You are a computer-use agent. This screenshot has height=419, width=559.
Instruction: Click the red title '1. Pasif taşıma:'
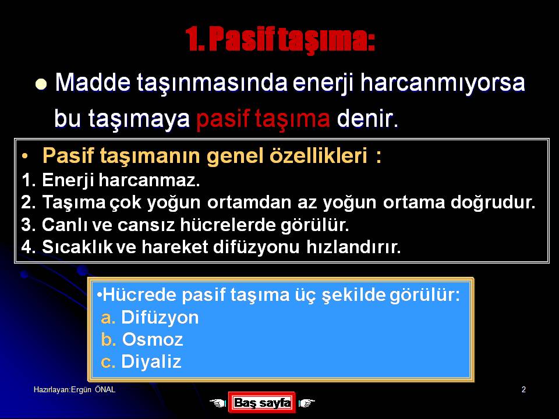pos(280,39)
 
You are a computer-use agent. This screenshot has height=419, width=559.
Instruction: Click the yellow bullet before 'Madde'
pos(41,84)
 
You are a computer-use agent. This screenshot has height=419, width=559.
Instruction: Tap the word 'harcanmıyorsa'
pos(443,83)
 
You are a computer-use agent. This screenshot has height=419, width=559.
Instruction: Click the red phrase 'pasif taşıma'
pos(263,119)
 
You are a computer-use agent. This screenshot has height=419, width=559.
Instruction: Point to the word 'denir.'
pos(367,118)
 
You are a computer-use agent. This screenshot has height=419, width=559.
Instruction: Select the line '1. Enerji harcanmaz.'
pos(111,180)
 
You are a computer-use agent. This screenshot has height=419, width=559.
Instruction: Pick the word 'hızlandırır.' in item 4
pos(353,247)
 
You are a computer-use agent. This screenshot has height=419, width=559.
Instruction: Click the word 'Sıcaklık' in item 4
pos(77,247)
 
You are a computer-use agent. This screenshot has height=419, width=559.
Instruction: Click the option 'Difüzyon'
pos(160,318)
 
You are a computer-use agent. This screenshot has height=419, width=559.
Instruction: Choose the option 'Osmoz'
pos(153,339)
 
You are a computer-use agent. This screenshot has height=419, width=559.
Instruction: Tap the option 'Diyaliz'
pos(151,361)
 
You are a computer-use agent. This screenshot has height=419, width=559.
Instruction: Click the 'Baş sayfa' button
pos(262,403)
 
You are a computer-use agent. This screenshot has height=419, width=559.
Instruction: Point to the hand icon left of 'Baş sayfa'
pos(218,403)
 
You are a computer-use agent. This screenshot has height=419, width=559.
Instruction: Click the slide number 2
pos(523,389)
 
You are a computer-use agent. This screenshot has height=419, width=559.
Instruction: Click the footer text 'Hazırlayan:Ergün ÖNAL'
pos(75,389)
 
